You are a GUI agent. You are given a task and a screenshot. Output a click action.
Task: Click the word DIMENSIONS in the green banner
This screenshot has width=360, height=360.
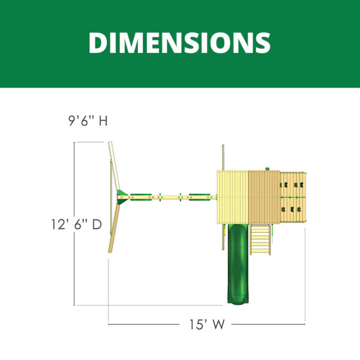point(180,43)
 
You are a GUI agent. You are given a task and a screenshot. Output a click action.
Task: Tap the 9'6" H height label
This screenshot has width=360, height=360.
point(88,121)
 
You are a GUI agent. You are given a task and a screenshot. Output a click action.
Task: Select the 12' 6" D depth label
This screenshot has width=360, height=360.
point(76,224)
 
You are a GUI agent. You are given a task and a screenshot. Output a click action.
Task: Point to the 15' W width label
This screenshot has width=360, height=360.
point(206,325)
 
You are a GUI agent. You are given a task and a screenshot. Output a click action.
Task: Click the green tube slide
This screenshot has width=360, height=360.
point(238,264)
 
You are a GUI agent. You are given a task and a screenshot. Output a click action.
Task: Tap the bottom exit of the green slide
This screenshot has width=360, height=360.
point(238,301)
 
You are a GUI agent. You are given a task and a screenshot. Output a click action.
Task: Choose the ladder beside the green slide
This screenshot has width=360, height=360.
point(260,239)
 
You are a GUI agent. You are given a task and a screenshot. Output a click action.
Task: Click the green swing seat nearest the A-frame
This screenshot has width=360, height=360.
point(141,197)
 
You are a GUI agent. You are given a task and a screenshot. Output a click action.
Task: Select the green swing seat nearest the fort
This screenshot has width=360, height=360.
point(200,197)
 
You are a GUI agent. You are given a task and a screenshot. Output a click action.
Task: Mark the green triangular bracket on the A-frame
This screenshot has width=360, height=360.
point(122,197)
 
